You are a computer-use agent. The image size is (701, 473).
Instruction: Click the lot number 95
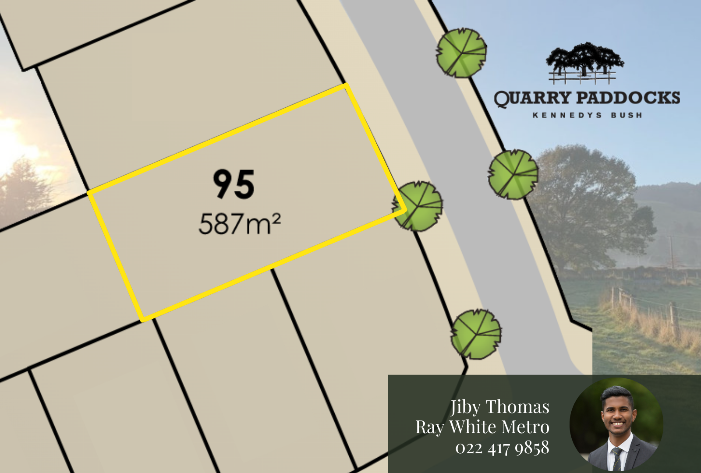pos(234,184)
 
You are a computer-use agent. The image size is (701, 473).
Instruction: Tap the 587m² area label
pos(239,223)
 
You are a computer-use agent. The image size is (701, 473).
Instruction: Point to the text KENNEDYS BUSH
pos(587,115)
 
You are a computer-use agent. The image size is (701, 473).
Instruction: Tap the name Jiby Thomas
pos(500,407)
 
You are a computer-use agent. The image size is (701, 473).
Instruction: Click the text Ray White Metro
pos(482,427)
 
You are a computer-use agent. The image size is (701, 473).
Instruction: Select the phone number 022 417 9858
pos(502,448)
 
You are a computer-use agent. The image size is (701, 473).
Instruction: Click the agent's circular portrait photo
pos(616,424)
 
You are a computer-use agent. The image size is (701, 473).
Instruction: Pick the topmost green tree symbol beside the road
pos(461,53)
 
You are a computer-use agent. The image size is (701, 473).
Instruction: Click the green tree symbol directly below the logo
pos(513,174)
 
